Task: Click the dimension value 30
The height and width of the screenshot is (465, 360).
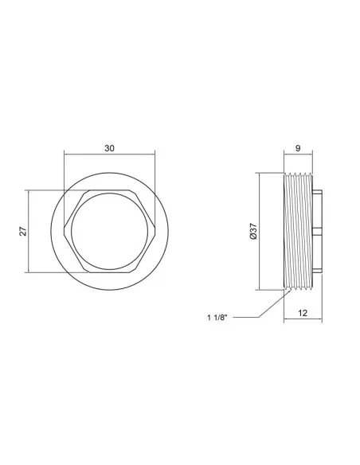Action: point(109,148)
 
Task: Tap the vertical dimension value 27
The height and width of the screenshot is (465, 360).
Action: point(23,231)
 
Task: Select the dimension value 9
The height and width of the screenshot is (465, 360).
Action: point(298,148)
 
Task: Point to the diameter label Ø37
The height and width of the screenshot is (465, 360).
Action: point(253,232)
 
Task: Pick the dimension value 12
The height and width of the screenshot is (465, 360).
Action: point(303,313)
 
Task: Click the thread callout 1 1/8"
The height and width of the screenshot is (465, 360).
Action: point(217,318)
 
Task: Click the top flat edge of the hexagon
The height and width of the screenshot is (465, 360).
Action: point(109,190)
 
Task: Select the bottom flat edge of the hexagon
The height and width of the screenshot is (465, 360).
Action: point(109,272)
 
